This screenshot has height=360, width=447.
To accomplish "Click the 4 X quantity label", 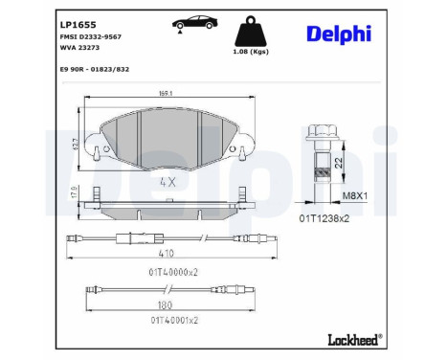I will coord(168,179).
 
